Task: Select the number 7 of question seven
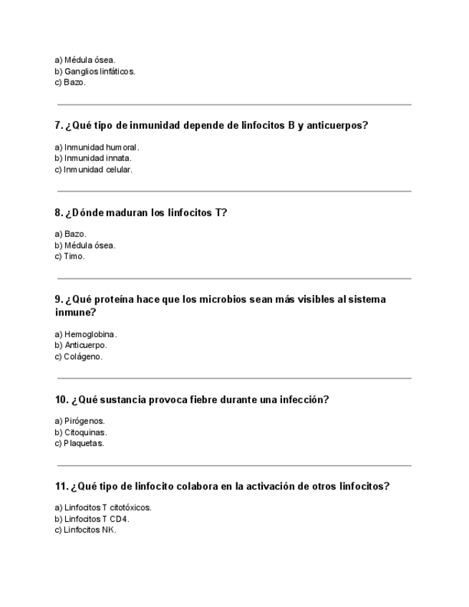point(58,126)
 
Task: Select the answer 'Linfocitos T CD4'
point(92,519)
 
